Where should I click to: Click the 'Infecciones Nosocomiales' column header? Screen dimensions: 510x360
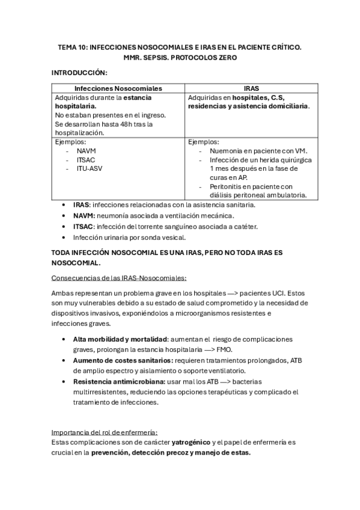[118, 87]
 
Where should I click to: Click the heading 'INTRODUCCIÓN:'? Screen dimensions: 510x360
[79, 73]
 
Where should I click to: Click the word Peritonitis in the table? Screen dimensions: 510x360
[228, 186]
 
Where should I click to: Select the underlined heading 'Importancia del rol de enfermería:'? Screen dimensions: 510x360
[105, 432]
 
